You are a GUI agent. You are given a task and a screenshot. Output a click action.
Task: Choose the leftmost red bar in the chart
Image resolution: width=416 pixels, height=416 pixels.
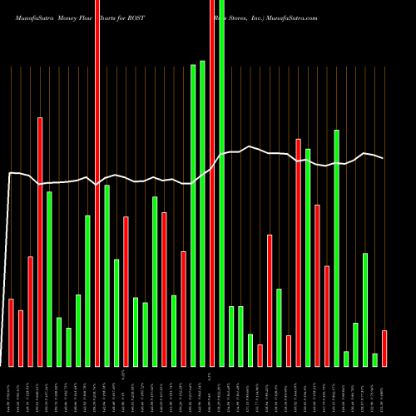click(x=12, y=332)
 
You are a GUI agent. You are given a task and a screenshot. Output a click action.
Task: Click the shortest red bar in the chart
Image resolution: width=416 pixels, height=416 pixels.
click(x=260, y=355)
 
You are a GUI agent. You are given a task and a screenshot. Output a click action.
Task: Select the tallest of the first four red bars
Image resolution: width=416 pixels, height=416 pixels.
click(x=40, y=241)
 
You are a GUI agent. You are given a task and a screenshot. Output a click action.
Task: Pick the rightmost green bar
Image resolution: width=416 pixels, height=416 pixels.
click(x=374, y=359)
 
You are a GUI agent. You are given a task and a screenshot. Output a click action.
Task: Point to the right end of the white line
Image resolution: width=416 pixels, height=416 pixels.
click(x=383, y=158)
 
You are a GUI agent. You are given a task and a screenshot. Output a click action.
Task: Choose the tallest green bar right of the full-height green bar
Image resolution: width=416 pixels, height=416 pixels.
click(x=336, y=248)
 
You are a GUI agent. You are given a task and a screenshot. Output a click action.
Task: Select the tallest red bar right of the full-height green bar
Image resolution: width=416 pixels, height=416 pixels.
click(x=298, y=252)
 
